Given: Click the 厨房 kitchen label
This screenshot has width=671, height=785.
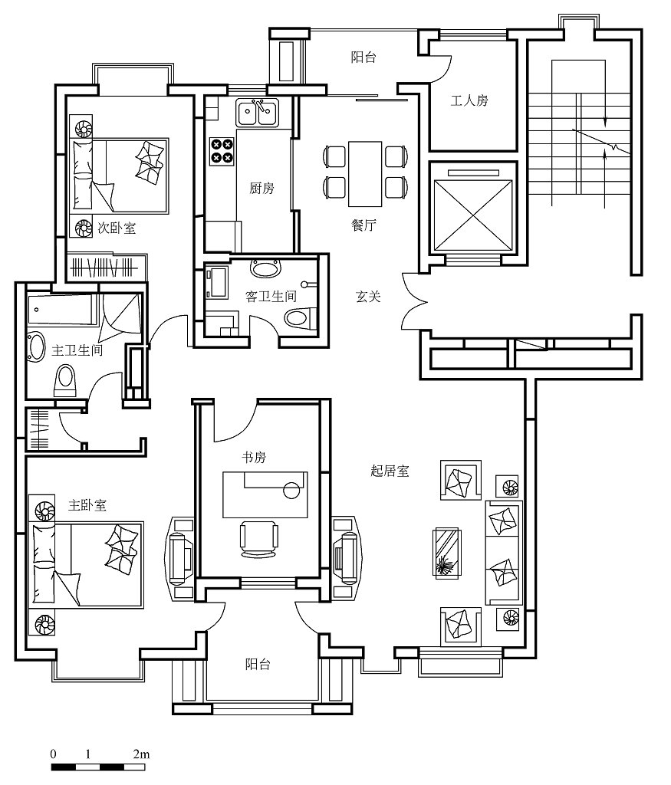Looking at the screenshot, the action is click(262, 189).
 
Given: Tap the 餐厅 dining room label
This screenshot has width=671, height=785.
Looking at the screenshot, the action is click(363, 225).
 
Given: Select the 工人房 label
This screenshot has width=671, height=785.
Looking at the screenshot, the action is click(469, 100).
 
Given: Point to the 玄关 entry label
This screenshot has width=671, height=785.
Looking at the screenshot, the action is click(369, 297).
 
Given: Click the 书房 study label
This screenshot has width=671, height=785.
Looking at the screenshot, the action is click(254, 457).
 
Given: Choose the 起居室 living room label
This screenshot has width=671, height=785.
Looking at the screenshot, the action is click(390, 471).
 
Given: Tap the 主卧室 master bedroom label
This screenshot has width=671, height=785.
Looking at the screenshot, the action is click(87, 504).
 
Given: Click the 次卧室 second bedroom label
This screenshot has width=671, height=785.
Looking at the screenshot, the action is click(117, 228).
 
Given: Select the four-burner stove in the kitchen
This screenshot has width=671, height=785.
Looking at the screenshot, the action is click(222, 151).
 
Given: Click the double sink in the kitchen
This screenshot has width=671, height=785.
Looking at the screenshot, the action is click(258, 113).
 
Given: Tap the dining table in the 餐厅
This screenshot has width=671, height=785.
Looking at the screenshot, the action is click(365, 174).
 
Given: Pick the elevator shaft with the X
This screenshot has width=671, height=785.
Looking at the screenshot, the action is click(473, 215).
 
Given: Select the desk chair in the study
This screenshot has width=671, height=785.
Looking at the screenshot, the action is click(258, 539).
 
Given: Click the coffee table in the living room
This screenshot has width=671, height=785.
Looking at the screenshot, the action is click(447, 553).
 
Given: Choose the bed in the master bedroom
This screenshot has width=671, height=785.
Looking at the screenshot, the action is click(87, 565).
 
